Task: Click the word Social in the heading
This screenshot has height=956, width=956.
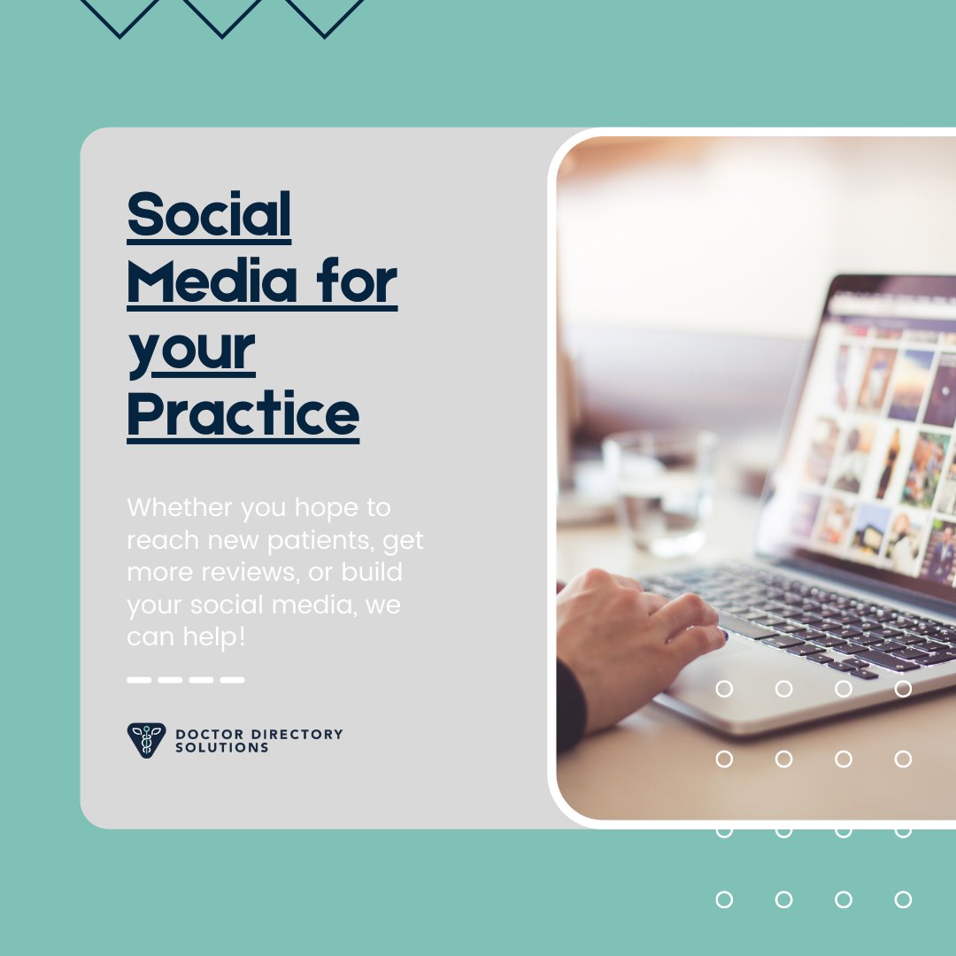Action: [x=209, y=215]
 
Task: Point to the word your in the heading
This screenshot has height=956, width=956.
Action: [x=191, y=349]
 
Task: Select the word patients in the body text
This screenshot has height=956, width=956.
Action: [x=321, y=540]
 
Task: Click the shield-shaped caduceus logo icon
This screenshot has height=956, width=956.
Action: [x=146, y=740]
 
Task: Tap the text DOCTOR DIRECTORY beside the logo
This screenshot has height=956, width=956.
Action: [x=258, y=734]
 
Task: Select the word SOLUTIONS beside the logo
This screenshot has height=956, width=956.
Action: [x=221, y=747]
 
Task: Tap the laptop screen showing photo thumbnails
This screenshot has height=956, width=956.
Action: [x=885, y=443]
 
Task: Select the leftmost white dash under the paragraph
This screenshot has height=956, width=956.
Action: [x=139, y=680]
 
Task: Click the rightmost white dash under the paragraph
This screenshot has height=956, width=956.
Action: [x=232, y=680]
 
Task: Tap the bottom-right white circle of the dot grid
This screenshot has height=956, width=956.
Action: [x=903, y=899]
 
